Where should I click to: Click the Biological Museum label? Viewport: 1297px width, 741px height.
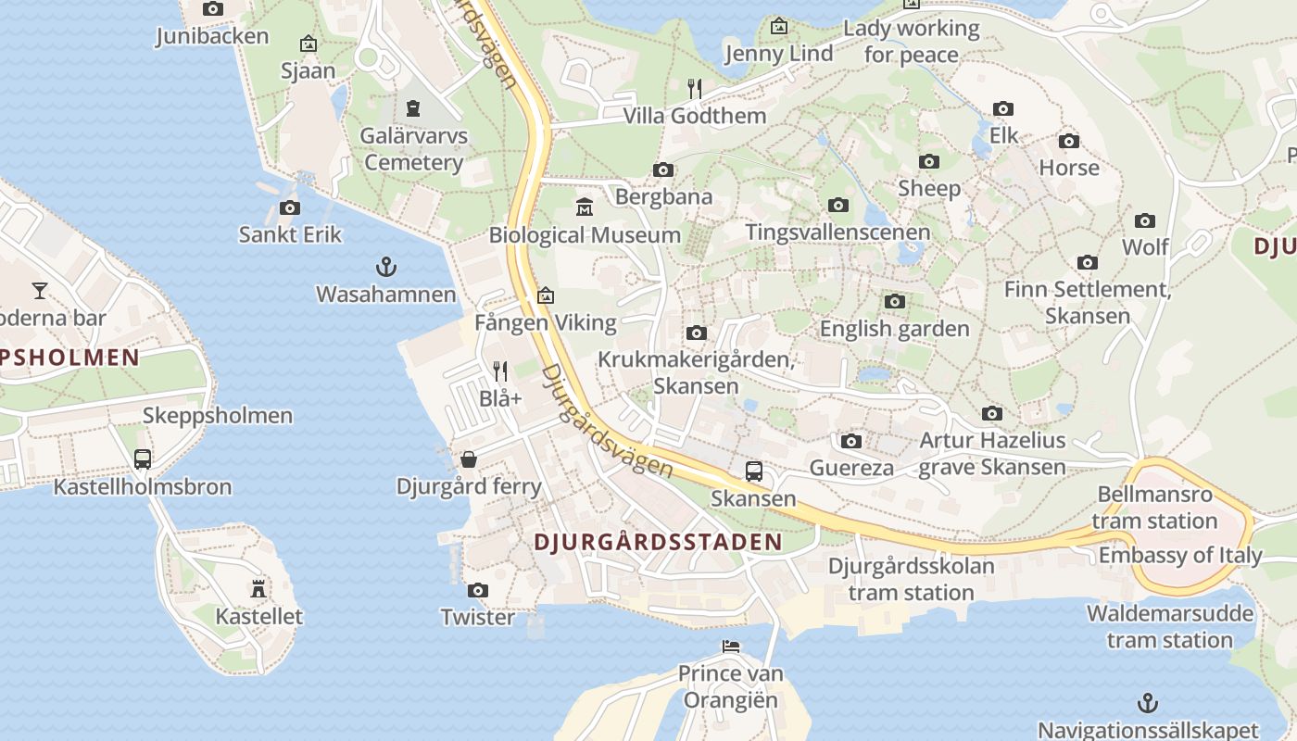[585, 235]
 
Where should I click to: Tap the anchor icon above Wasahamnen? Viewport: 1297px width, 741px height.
[385, 268]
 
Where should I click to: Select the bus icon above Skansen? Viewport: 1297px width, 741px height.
[754, 471]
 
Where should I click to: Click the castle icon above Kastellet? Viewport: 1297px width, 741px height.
[258, 588]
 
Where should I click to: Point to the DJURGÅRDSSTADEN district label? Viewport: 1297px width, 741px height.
[658, 543]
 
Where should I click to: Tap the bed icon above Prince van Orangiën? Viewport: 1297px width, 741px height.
[731, 646]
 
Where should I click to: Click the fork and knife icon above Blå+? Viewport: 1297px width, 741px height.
[500, 371]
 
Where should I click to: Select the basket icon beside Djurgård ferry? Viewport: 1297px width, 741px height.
[470, 459]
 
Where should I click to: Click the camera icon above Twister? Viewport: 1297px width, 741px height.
[478, 590]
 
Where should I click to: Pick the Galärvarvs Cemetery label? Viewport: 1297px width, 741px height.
[413, 149]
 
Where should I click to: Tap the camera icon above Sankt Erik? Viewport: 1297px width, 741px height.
[290, 207]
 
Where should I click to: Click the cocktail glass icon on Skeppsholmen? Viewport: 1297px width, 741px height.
[39, 291]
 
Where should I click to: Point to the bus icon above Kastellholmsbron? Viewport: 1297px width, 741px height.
[143, 459]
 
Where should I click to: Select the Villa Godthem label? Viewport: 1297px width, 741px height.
[695, 116]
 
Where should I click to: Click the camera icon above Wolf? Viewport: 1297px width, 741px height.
[1145, 220]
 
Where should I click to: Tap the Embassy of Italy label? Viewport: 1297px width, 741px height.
[1180, 556]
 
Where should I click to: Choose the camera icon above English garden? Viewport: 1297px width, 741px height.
[894, 301]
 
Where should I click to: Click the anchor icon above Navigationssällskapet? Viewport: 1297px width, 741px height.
[1148, 703]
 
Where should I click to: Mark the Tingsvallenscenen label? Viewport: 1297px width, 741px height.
[837, 232]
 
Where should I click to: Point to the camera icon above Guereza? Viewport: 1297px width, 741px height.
[851, 441]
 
